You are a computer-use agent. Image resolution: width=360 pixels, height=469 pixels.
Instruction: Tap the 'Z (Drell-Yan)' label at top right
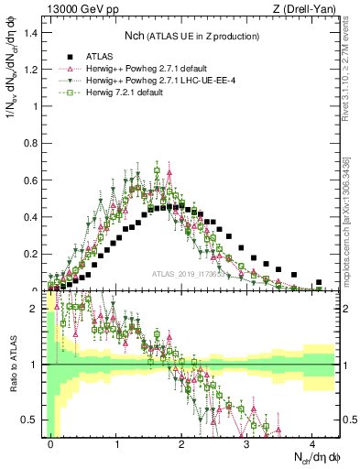(307, 8)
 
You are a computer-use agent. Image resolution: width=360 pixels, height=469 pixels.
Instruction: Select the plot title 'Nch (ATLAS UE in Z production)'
(191, 35)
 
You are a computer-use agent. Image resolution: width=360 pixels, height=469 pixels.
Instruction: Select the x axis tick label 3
(246, 443)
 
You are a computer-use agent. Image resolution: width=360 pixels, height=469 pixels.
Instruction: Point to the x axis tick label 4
(311, 443)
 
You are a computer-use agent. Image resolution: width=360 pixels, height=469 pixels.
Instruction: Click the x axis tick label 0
(51, 443)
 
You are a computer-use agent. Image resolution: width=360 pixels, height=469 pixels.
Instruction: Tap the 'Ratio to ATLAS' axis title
(11, 366)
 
